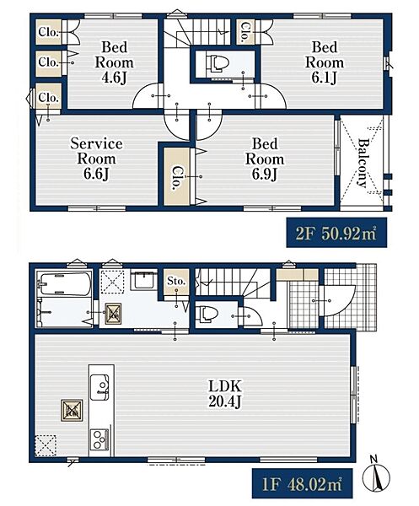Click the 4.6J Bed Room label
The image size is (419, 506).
pyautogui.click(x=114, y=62)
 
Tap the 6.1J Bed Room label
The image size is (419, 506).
pyautogui.click(x=325, y=62)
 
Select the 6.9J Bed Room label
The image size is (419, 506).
pyautogui.click(x=265, y=159)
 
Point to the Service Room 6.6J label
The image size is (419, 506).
pyautogui.click(x=96, y=159)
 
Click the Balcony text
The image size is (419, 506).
pyautogui.click(x=363, y=163)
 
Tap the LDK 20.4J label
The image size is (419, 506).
pyautogui.click(x=225, y=394)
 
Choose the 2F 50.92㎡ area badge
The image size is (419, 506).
pyautogui.click(x=336, y=233)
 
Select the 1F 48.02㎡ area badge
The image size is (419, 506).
pyautogui.click(x=302, y=483)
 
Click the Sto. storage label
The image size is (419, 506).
pyautogui.click(x=176, y=281)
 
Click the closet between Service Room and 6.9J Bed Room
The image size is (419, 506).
pyautogui.click(x=177, y=176)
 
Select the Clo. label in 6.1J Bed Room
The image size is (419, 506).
pyautogui.click(x=245, y=32)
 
